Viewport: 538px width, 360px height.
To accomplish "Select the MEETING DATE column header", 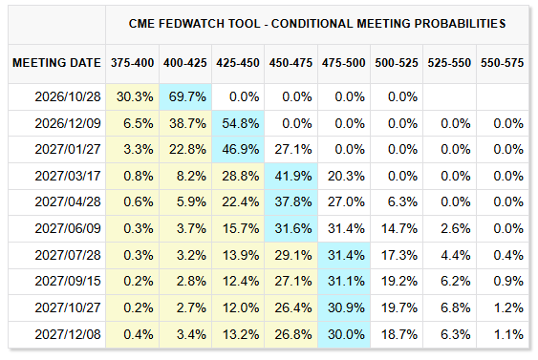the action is tap(56, 63).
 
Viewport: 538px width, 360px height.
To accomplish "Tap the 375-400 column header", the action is tap(132, 63).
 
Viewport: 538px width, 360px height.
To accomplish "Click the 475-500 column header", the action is tap(343, 63).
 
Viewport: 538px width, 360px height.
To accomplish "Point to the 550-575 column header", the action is tap(502, 63).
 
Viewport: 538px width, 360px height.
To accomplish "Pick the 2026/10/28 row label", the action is tap(68, 96).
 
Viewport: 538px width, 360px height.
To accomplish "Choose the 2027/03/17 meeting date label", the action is tap(68, 176).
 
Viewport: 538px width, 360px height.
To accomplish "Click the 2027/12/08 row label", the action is tap(68, 334).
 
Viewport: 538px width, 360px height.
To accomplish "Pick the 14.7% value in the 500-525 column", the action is tap(399, 228).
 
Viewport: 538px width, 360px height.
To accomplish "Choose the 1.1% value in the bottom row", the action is tap(508, 334).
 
